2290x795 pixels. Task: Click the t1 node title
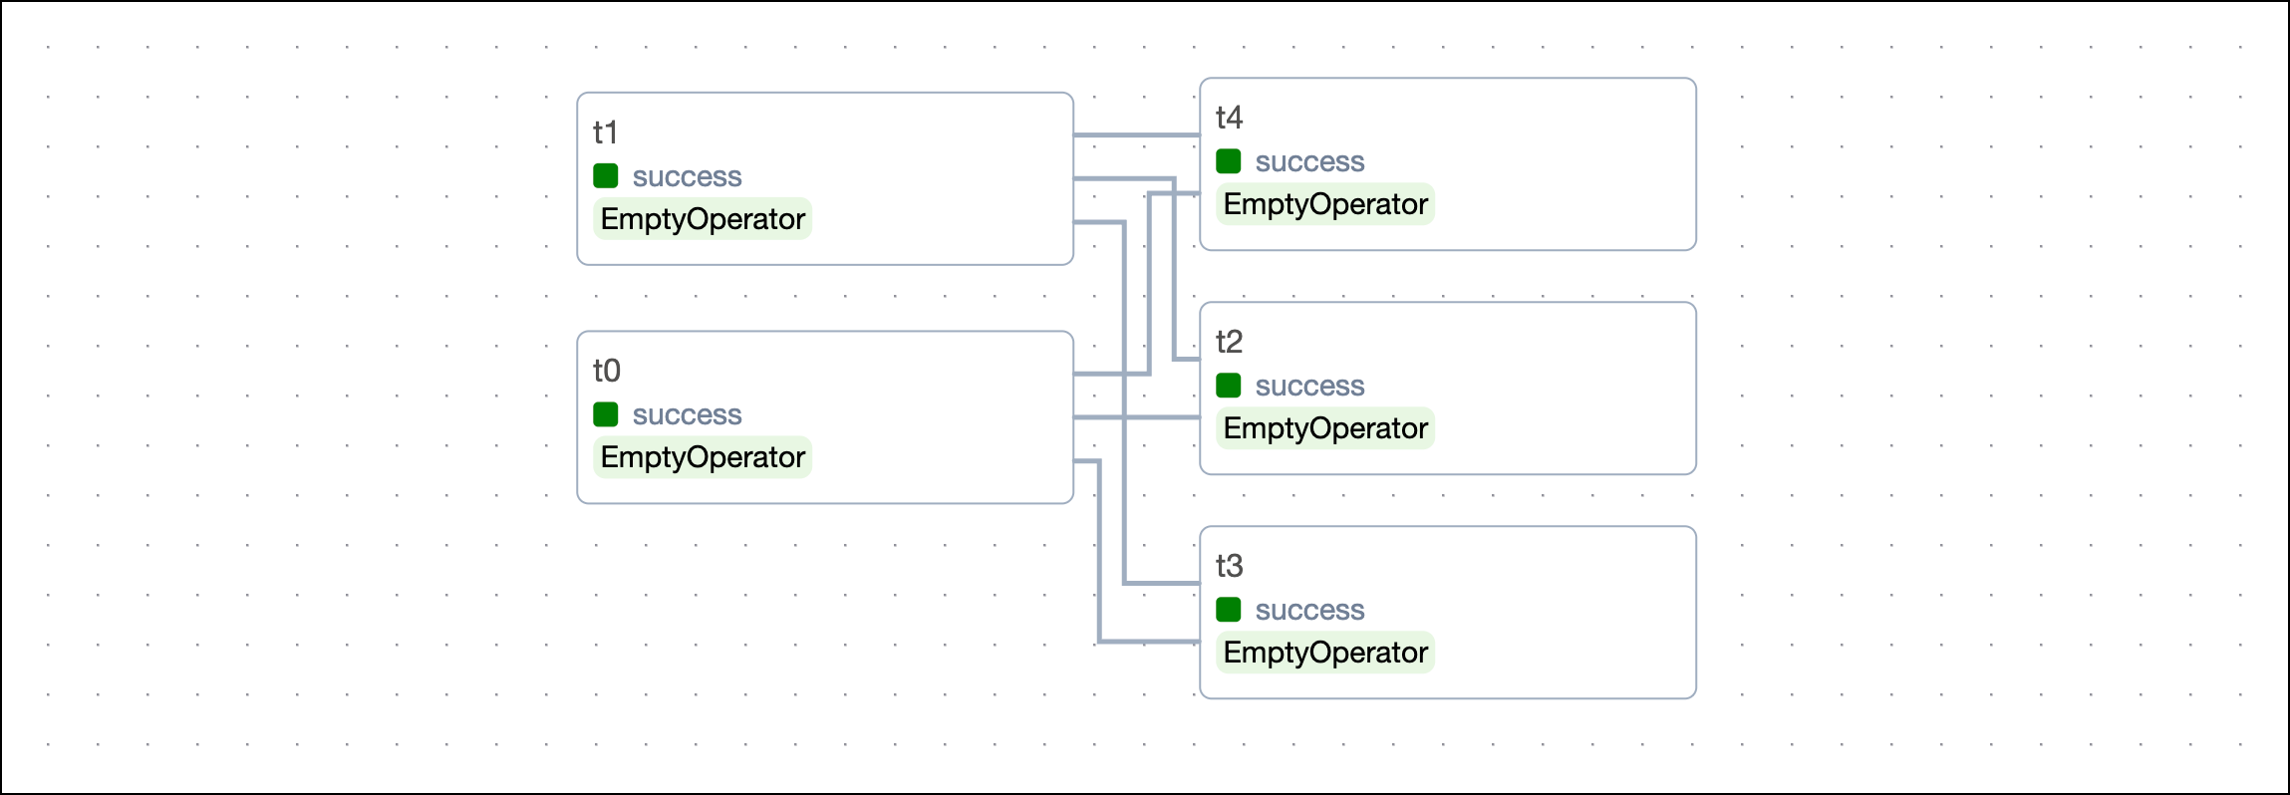pyautogui.click(x=605, y=132)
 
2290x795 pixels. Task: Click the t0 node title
pyautogui.click(x=606, y=371)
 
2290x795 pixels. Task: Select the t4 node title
pyautogui.click(x=1229, y=118)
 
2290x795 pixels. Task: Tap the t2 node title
pyautogui.click(x=1229, y=342)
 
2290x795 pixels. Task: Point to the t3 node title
pyautogui.click(x=1229, y=566)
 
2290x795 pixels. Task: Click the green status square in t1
pyautogui.click(x=605, y=176)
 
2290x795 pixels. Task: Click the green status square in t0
pyautogui.click(x=605, y=414)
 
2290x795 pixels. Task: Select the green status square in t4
pyautogui.click(x=1228, y=161)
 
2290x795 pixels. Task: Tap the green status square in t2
pyautogui.click(x=1228, y=386)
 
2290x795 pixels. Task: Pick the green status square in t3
pyautogui.click(x=1228, y=610)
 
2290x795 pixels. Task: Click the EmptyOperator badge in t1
pyautogui.click(x=703, y=219)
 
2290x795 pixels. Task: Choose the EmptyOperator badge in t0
pyautogui.click(x=703, y=457)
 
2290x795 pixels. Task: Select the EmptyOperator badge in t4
pyautogui.click(x=1325, y=204)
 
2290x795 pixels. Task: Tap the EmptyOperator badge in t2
pyautogui.click(x=1325, y=428)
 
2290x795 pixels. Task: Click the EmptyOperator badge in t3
pyautogui.click(x=1325, y=653)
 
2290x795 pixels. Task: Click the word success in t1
pyautogui.click(x=687, y=177)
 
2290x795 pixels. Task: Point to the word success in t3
pyautogui.click(x=1309, y=611)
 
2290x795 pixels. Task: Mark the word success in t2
pyautogui.click(x=1309, y=387)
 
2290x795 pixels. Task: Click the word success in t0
pyautogui.click(x=687, y=415)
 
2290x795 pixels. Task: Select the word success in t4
pyautogui.click(x=1309, y=162)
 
